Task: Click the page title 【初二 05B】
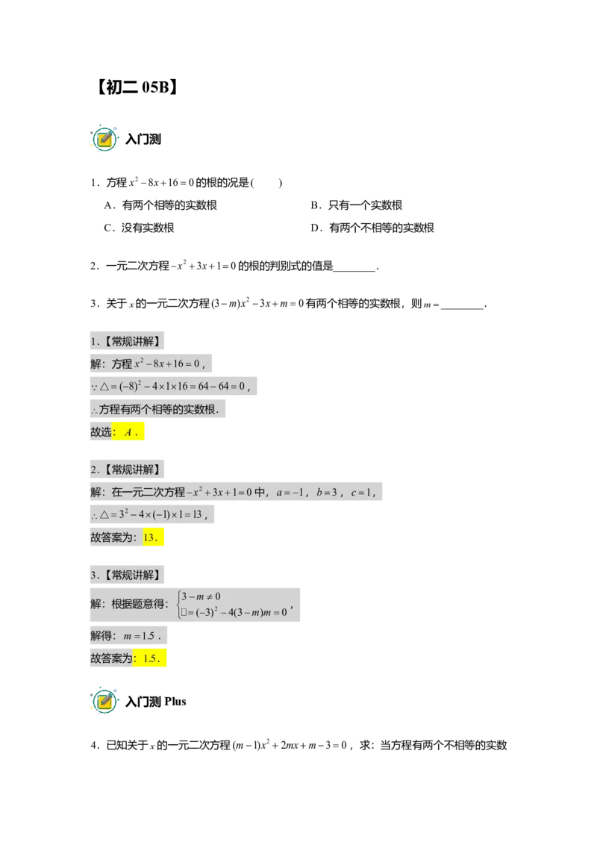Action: click(x=137, y=87)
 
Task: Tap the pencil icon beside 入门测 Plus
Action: click(x=104, y=701)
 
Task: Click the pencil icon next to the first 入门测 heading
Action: click(x=104, y=139)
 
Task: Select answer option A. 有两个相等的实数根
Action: click(x=160, y=205)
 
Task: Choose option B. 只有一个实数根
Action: click(x=356, y=205)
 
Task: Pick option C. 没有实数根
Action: click(x=139, y=228)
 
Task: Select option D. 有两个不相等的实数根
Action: click(x=372, y=228)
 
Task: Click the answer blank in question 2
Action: click(x=354, y=269)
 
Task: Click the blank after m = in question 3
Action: click(x=462, y=306)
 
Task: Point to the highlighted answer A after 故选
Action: click(x=128, y=431)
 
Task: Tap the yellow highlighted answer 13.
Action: click(x=153, y=537)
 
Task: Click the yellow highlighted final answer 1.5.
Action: click(x=150, y=658)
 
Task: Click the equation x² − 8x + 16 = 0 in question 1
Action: click(x=161, y=182)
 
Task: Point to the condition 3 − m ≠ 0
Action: click(x=201, y=596)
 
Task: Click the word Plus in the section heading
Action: click(x=175, y=701)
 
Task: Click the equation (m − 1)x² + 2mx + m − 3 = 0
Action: click(x=290, y=745)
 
